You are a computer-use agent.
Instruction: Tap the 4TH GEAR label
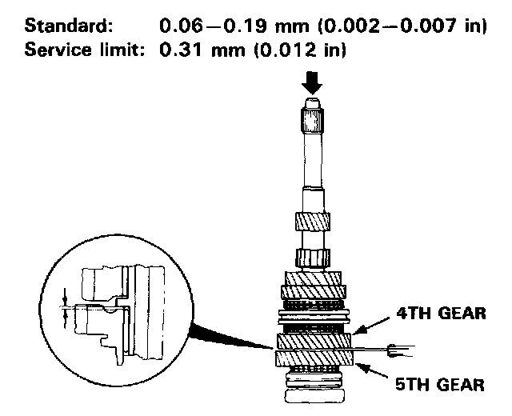pos(442,313)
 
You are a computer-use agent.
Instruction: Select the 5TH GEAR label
pos(442,384)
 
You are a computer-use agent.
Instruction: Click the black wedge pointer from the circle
pos(224,335)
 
